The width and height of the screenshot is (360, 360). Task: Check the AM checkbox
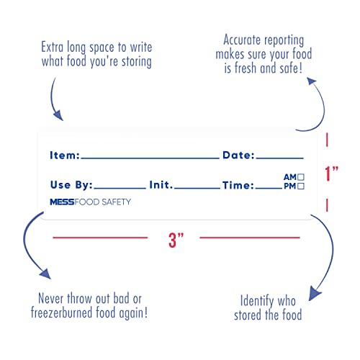pyautogui.click(x=301, y=177)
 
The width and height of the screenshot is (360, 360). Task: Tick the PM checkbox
pyautogui.click(x=301, y=186)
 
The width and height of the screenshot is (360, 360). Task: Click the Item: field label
pyautogui.click(x=65, y=156)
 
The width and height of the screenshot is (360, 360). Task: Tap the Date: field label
pyautogui.click(x=238, y=155)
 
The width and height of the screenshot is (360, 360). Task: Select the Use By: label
pyautogui.click(x=71, y=185)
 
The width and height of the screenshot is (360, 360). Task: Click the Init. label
pyautogui.click(x=161, y=185)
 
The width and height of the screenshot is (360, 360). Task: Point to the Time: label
pyautogui.click(x=238, y=185)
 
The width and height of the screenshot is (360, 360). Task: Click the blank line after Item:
pyautogui.click(x=150, y=158)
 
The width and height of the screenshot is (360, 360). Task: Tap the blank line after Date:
pyautogui.click(x=280, y=158)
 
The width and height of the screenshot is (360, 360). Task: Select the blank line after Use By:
pyautogui.click(x=120, y=188)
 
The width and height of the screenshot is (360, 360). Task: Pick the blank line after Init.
pyautogui.click(x=197, y=188)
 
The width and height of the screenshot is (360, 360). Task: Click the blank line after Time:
pyautogui.click(x=269, y=188)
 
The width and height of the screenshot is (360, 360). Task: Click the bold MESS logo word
pyautogui.click(x=62, y=202)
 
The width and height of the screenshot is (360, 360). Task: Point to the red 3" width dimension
pyautogui.click(x=176, y=240)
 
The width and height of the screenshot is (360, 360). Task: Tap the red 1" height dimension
pyautogui.click(x=331, y=174)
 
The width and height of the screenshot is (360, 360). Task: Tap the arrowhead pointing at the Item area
pyautogui.click(x=58, y=116)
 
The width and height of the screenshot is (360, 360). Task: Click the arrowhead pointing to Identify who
pyautogui.click(x=315, y=293)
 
